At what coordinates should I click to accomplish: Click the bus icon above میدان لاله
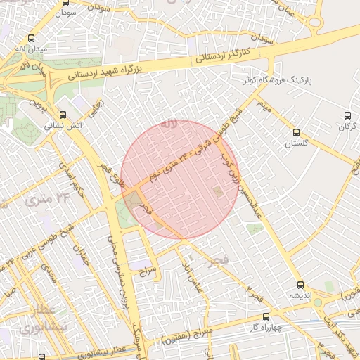tap(30, 39)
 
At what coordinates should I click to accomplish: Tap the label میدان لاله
tap(30, 50)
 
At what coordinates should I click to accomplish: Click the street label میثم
tap(264, 108)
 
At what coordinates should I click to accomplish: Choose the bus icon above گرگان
tap(347, 115)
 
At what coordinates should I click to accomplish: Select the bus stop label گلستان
tap(297, 143)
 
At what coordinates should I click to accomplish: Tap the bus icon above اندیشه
tap(300, 285)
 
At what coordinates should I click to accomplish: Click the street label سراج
tap(146, 269)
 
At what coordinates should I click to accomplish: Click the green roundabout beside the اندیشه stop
tap(317, 302)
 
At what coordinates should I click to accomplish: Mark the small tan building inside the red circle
tap(219, 191)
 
